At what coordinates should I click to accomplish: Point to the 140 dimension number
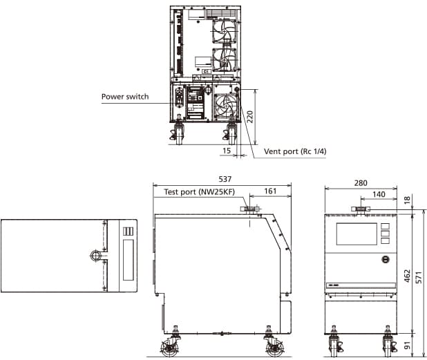pyautogui.click(x=378, y=195)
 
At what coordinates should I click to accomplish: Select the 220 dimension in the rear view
pyautogui.click(x=251, y=117)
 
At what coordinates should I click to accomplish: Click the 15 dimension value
pyautogui.click(x=227, y=150)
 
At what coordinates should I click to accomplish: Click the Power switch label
pyautogui.click(x=125, y=97)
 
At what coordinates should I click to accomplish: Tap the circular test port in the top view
pyautogui.click(x=95, y=256)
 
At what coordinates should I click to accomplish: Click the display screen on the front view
pyautogui.click(x=355, y=234)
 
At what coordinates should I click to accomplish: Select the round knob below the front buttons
pyautogui.click(x=385, y=260)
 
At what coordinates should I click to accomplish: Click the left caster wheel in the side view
pyautogui.click(x=170, y=348)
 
